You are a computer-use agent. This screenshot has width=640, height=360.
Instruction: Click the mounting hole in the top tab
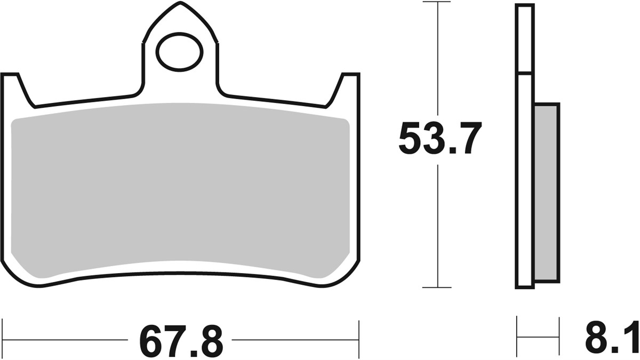click(180, 52)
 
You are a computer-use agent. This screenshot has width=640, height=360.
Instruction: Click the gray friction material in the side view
click(546, 192)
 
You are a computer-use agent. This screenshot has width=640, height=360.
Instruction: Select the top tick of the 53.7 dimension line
click(437, 2)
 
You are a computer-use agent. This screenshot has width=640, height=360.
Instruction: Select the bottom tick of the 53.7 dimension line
click(437, 287)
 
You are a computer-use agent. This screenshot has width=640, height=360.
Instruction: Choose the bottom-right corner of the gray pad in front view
click(341, 269)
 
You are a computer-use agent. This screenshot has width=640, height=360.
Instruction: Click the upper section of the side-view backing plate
click(524, 37)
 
